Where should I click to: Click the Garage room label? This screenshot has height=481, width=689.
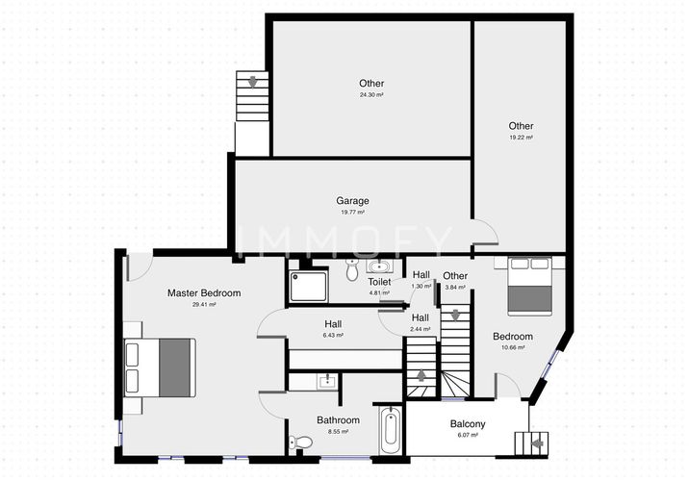(x=352, y=201)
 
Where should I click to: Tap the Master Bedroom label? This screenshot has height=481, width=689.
(x=204, y=292)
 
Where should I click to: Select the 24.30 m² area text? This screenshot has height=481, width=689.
(x=371, y=95)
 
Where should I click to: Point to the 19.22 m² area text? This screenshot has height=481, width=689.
(x=521, y=138)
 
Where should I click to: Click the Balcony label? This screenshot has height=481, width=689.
(x=468, y=424)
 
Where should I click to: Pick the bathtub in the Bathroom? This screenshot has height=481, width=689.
(x=389, y=432)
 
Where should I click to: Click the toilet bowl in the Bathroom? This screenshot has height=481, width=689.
(x=301, y=443)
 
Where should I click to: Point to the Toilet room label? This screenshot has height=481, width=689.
(x=379, y=282)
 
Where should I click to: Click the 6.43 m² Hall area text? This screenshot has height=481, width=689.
(x=333, y=336)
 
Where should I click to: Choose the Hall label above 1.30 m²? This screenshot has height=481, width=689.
(x=421, y=274)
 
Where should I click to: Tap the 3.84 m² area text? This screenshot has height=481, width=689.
(x=455, y=287)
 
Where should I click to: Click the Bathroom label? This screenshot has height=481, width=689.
(x=338, y=420)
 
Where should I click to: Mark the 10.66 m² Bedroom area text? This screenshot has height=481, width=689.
(x=513, y=347)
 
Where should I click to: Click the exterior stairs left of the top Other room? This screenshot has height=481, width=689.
(x=252, y=100)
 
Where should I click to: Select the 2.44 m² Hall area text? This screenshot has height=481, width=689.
(x=421, y=329)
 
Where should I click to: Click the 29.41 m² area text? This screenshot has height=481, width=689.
(x=204, y=304)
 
